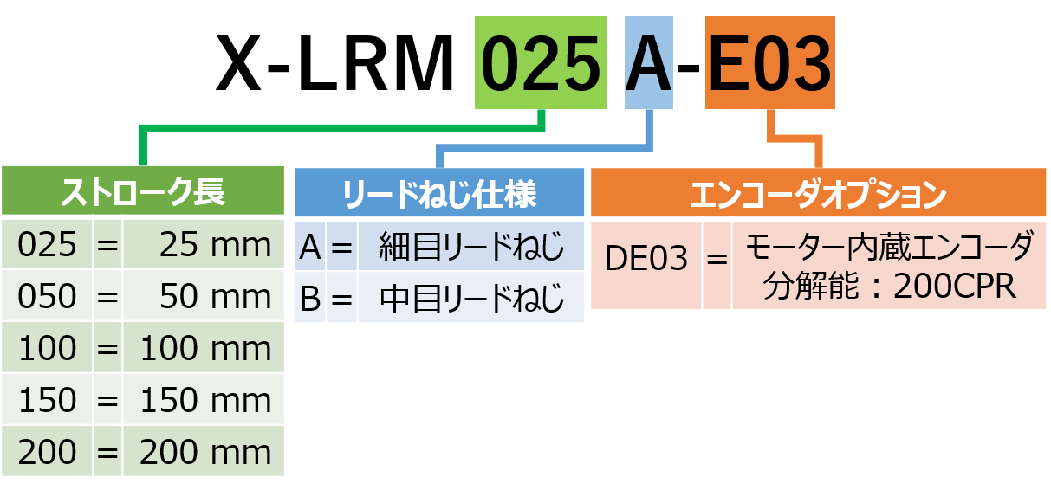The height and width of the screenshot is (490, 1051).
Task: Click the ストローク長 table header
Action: pyautogui.click(x=143, y=191)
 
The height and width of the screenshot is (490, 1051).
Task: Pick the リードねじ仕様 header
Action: pyautogui.click(x=439, y=192)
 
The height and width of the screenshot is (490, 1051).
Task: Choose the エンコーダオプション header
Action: pyautogui.click(x=818, y=192)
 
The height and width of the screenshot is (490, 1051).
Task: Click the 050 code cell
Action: pyautogui.click(x=48, y=296)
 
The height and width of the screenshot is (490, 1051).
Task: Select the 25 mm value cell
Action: pyautogui.click(x=204, y=245)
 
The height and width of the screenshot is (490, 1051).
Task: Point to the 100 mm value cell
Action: pyautogui.click(x=204, y=348)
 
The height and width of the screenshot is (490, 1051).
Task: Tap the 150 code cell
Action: pyautogui.click(x=48, y=400)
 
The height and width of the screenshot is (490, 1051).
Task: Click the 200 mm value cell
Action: pyautogui.click(x=204, y=452)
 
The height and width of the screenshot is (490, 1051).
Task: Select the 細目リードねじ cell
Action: pyautogui.click(x=471, y=248)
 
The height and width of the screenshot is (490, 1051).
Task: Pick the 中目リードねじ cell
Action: pyautogui.click(x=471, y=299)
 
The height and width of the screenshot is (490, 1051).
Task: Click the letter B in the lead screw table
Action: pyautogui.click(x=309, y=299)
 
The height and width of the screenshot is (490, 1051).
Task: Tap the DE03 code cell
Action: pyautogui.click(x=646, y=258)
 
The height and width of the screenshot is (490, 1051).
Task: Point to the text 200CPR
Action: pyautogui.click(x=954, y=287)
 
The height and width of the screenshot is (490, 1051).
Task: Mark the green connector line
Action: pyautogui.click(x=347, y=129)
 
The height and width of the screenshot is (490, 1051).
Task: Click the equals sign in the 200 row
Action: pyautogui.click(x=107, y=452)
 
